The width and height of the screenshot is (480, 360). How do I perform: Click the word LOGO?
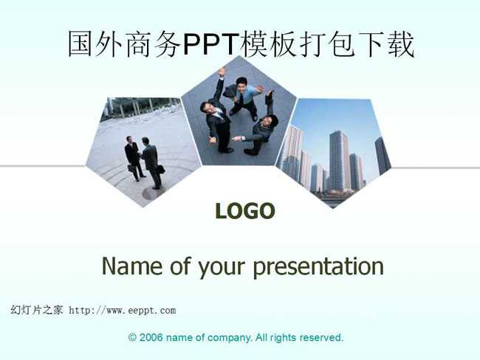(x=245, y=211)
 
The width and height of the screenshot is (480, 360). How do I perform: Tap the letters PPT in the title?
(x=211, y=44)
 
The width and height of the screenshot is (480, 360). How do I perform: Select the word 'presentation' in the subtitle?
(x=318, y=267)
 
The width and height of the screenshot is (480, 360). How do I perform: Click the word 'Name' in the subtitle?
(x=132, y=265)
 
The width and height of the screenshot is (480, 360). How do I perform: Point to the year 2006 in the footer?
(x=151, y=337)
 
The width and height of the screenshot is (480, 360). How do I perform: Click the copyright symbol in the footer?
(x=132, y=337)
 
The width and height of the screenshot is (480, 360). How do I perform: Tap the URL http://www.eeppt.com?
(x=123, y=311)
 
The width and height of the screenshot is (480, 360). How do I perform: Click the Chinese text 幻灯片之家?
(x=37, y=310)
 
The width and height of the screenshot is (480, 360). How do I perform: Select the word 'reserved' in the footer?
(x=320, y=337)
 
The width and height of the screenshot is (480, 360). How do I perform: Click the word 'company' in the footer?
(x=229, y=338)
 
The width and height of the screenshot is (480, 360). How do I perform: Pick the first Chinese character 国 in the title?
(x=80, y=44)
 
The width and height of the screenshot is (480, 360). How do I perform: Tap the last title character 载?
(x=402, y=44)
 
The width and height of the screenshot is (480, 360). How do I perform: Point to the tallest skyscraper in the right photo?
(x=339, y=161)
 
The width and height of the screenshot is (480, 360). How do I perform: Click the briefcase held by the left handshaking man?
(x=131, y=168)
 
